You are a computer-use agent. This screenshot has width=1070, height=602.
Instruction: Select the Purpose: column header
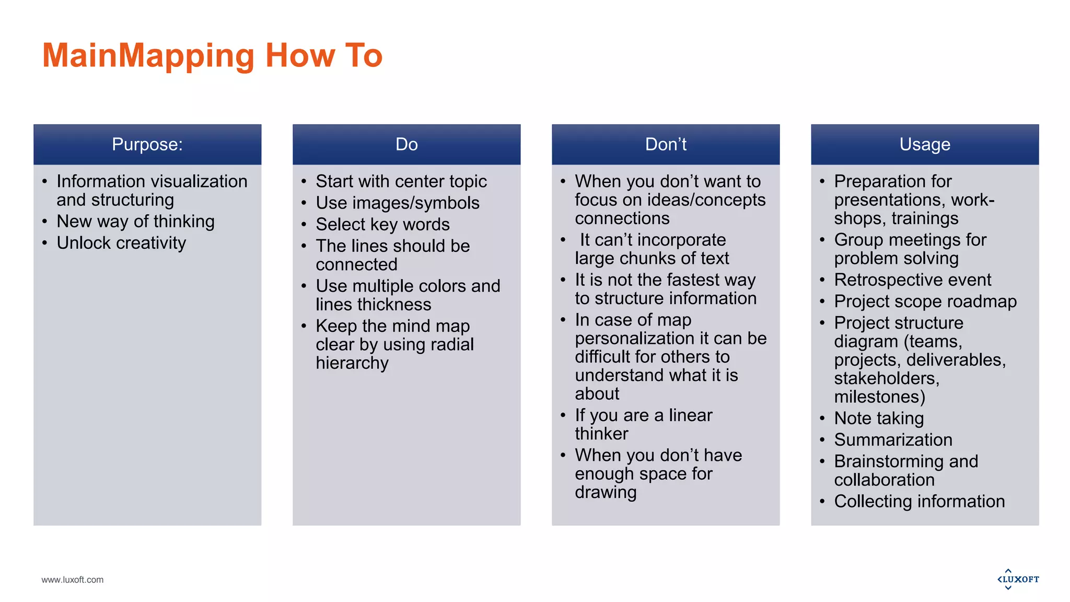pos(147,144)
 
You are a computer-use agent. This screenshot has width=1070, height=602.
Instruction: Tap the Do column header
pos(406,144)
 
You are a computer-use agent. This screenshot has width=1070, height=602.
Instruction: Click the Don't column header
pos(666,144)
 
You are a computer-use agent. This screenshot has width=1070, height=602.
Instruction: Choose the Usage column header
pos(925,144)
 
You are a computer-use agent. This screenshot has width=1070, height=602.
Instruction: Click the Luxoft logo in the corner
pos(1018,579)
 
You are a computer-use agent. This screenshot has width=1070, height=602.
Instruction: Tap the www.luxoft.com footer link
pos(73,580)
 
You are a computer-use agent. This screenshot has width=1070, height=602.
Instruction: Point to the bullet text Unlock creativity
pos(121,243)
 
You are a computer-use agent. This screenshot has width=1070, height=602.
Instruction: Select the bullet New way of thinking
pos(135,222)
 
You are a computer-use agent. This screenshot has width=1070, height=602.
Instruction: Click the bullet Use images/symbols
pos(398,203)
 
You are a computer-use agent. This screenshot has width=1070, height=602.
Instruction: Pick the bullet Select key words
pos(382,224)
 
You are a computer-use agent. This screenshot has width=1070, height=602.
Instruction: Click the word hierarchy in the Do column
pos(352,363)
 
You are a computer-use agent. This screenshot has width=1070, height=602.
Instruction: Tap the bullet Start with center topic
pos(401,181)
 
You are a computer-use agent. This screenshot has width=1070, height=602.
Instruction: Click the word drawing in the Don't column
pos(606,492)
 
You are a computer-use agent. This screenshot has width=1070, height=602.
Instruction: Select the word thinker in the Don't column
pos(601,434)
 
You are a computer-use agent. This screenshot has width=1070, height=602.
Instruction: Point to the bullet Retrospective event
pos(912,280)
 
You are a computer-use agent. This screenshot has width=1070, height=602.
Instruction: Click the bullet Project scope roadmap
pos(925,302)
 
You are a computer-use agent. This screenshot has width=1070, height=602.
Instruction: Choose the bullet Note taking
pos(879,418)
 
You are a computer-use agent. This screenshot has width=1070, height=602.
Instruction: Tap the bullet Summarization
pos(893,440)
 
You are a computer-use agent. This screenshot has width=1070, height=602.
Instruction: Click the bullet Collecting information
pos(919,502)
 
